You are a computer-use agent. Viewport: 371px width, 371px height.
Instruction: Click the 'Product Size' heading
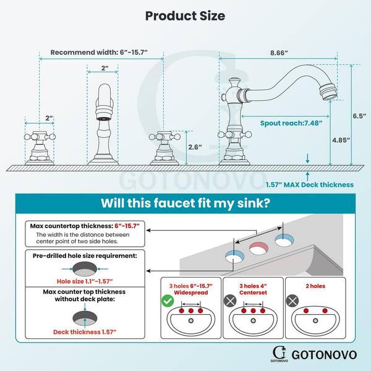tap(185, 16)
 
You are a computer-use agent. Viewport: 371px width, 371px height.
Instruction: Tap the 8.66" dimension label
tap(279, 53)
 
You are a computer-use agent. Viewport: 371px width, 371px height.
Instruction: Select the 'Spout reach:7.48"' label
tap(291, 123)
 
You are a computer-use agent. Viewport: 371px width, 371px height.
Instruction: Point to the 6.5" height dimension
tap(359, 116)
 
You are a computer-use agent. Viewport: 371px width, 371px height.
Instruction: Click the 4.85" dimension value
tap(341, 140)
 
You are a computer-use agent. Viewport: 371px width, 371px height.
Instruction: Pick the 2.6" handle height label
tap(195, 147)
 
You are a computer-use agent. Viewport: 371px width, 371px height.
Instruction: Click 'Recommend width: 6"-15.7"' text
tap(99, 53)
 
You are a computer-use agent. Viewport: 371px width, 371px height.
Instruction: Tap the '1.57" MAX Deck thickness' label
tap(310, 184)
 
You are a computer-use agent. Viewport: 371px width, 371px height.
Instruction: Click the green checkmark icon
tap(168, 301)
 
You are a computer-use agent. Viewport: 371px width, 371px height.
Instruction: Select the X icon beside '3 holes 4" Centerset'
tap(230, 301)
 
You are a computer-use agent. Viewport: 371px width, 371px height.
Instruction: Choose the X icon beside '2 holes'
tap(292, 301)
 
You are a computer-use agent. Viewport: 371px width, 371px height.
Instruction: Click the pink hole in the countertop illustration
tap(258, 249)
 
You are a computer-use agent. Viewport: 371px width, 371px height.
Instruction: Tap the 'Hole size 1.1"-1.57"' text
tap(85, 281)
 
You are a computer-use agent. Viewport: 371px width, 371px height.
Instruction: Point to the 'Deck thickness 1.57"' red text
tap(85, 332)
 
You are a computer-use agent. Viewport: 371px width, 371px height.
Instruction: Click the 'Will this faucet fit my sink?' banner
tap(185, 203)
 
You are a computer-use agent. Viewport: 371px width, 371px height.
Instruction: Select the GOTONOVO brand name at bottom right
tap(324, 355)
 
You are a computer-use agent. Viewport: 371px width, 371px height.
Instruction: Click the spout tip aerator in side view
tap(328, 93)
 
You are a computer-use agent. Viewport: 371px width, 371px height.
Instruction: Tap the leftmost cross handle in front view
tap(40, 137)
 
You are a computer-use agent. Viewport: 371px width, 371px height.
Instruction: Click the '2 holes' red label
tap(315, 286)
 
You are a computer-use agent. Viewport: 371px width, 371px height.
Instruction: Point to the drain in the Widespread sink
tap(190, 321)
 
